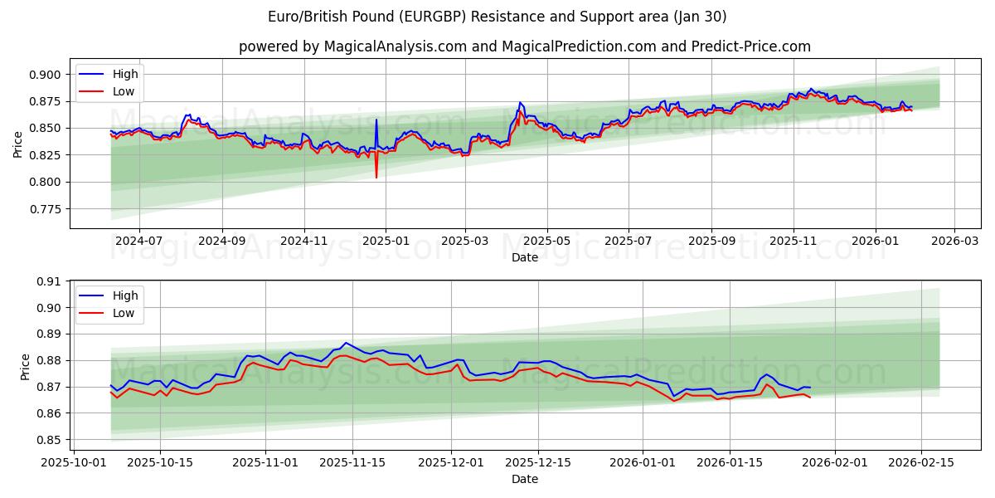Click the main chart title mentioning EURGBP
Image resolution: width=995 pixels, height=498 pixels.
498,17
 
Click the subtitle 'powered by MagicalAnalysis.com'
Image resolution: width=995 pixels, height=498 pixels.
524,46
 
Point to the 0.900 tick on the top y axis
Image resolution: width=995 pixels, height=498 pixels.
46,75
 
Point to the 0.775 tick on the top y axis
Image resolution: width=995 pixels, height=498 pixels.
46,209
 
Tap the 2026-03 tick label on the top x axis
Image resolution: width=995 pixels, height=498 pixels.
954,242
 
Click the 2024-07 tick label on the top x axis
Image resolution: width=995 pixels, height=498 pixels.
138,242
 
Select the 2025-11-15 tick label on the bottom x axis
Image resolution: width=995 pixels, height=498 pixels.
352,462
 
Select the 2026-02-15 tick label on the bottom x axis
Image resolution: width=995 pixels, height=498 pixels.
922,462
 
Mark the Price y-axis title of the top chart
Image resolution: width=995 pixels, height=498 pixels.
18,144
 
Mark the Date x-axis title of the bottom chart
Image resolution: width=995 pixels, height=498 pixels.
524,479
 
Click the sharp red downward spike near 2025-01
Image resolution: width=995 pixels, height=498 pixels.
376,177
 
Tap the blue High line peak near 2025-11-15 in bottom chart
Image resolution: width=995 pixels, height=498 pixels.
347,343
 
